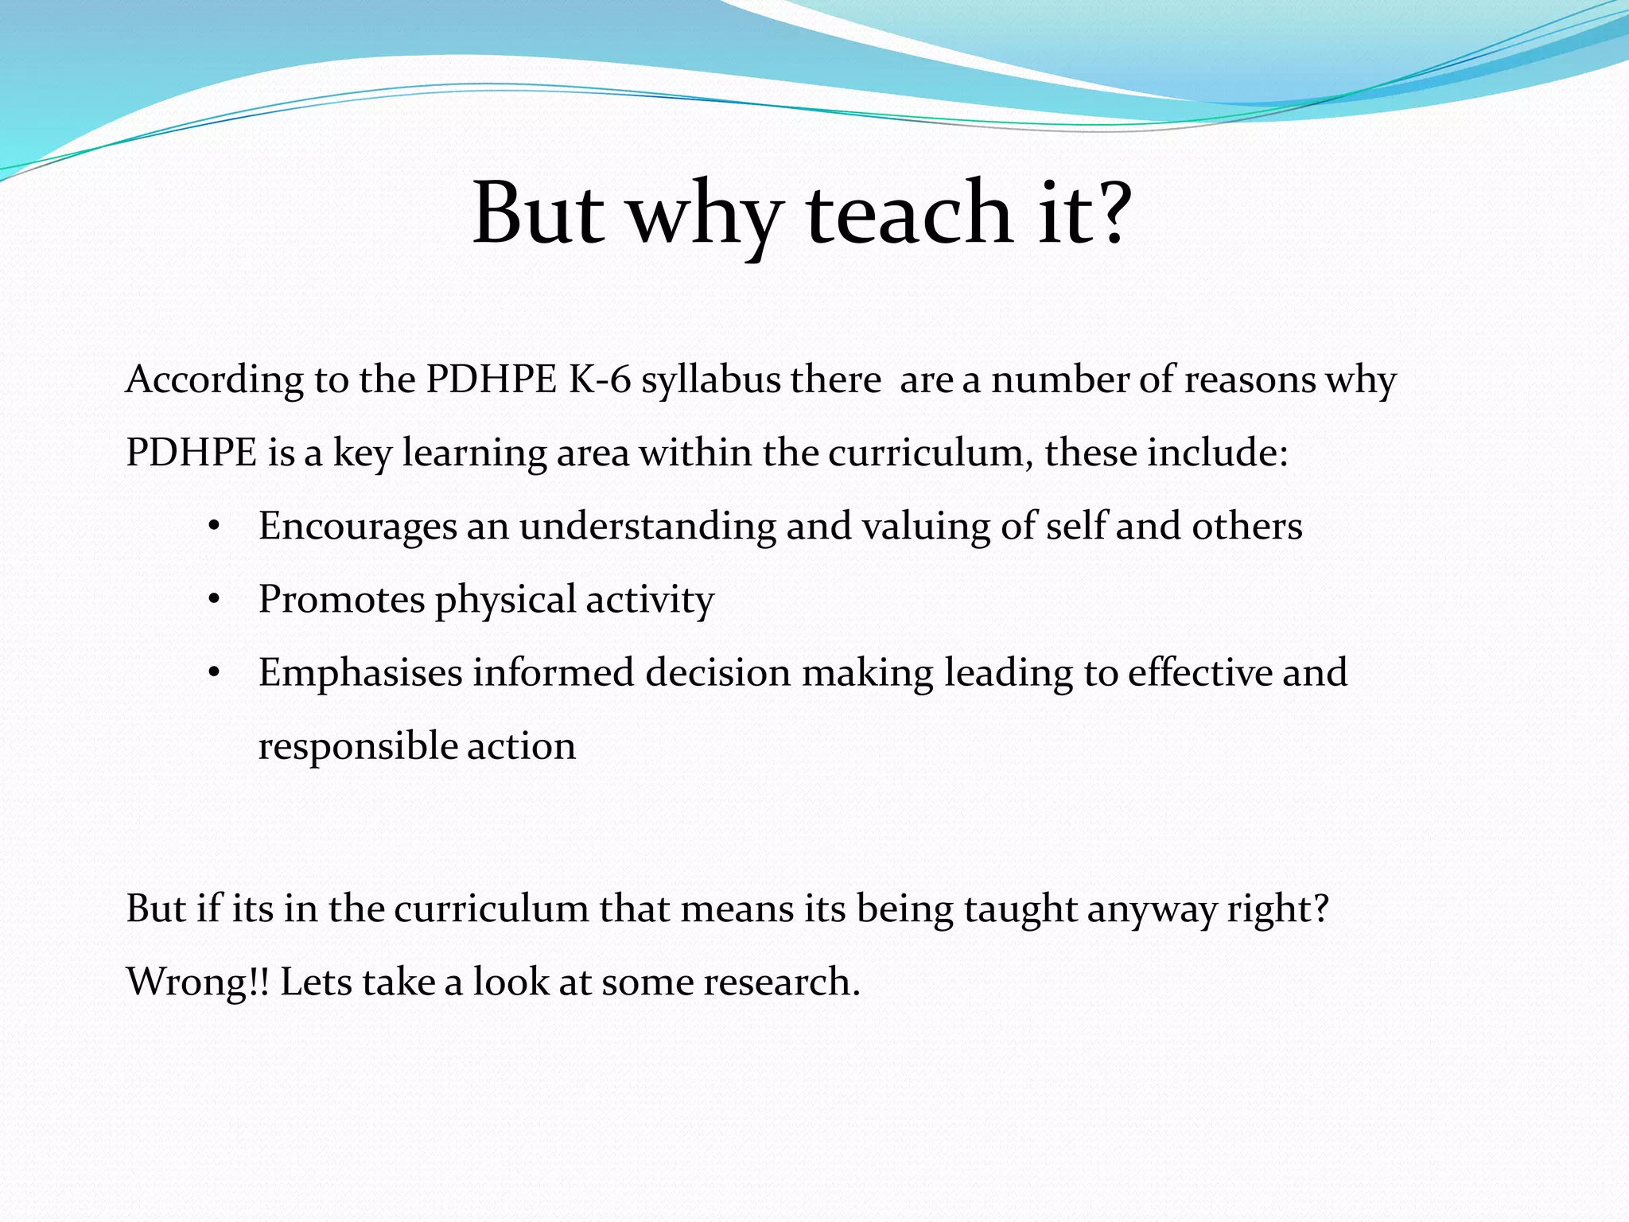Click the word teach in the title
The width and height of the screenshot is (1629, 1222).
click(909, 213)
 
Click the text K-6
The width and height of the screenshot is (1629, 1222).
click(599, 379)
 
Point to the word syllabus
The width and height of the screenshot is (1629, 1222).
click(711, 380)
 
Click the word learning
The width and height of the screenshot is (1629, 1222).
click(474, 453)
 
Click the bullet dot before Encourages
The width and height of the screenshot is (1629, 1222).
click(212, 527)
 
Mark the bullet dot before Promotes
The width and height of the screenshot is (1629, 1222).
click(212, 600)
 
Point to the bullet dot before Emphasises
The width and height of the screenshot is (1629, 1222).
click(212, 673)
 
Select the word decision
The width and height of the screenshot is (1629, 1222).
click(717, 672)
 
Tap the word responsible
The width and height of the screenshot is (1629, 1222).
click(357, 746)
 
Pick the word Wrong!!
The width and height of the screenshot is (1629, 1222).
click(198, 982)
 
